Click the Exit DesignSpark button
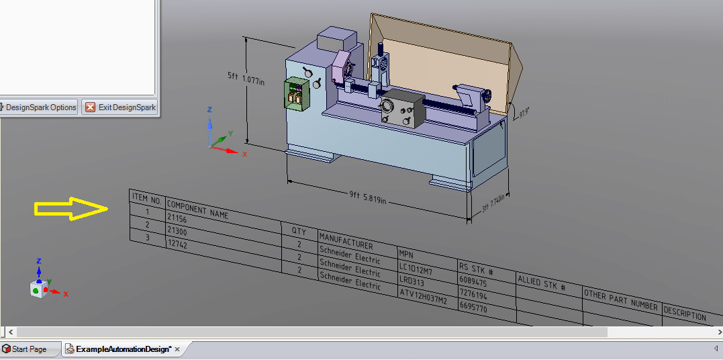point(120,107)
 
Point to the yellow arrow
point(71,209)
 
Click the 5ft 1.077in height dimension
point(246,79)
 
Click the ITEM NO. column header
point(146,199)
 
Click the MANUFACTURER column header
point(346,241)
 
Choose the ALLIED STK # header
point(541,283)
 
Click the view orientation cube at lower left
point(39,289)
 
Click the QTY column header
point(299,232)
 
